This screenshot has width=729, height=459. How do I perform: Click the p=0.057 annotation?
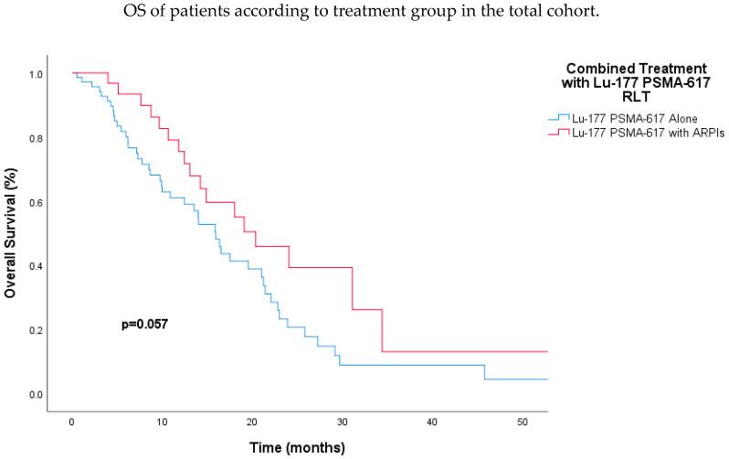(144, 325)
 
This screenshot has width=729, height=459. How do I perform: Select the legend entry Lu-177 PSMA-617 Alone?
(630, 118)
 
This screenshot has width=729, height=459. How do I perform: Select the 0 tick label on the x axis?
(71, 422)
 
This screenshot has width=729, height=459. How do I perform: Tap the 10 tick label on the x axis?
(162, 422)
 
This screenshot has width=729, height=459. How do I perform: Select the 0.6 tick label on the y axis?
(36, 203)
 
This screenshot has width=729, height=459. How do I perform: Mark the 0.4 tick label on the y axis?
(36, 267)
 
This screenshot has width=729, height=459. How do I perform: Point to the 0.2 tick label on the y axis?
(36, 331)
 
